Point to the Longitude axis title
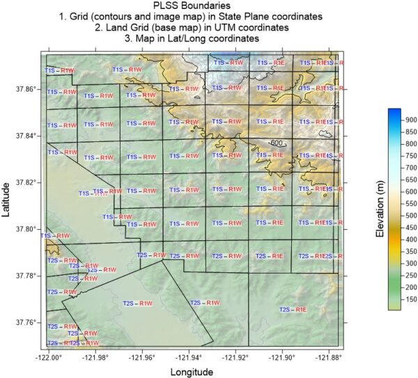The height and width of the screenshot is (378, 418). coord(191,372)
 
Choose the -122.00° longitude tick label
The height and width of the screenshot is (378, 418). coord(48,358)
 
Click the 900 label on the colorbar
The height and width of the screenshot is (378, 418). coord(412,120)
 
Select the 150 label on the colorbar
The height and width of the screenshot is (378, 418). coord(412,299)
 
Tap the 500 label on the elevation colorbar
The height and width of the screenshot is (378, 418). coord(412,215)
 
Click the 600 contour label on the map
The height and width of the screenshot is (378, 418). coord(278,143)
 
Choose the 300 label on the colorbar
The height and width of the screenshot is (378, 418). coord(412,263)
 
